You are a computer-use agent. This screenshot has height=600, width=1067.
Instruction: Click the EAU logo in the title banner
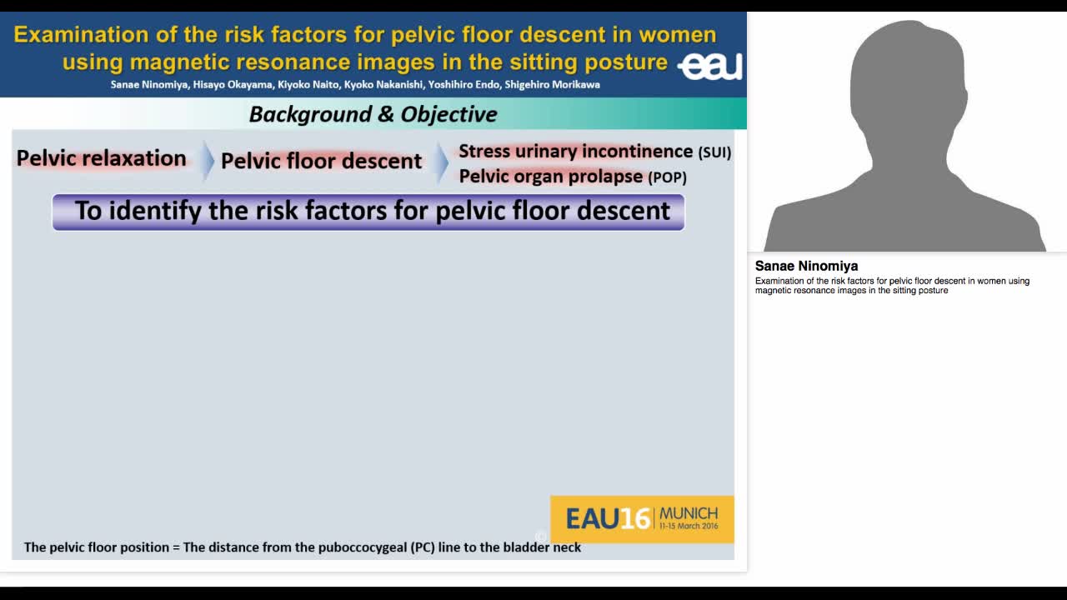click(710, 66)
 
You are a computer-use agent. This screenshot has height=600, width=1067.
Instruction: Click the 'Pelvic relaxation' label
click(102, 158)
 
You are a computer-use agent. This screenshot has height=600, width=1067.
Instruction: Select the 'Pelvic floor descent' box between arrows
click(321, 161)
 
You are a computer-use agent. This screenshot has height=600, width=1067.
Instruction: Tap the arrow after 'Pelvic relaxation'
click(206, 161)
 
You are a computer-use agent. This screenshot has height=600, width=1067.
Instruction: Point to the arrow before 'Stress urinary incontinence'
click(441, 162)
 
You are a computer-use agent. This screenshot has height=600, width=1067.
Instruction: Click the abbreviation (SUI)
click(714, 152)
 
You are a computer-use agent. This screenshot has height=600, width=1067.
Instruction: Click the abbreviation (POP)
click(667, 177)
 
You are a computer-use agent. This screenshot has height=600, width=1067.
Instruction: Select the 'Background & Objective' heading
click(373, 114)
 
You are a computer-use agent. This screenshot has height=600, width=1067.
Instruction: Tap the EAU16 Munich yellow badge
click(642, 519)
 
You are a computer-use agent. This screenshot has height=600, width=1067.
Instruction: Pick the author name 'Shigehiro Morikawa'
click(552, 84)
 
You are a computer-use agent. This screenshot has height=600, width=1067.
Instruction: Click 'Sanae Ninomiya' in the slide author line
click(149, 84)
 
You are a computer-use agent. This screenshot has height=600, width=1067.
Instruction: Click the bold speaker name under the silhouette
click(806, 266)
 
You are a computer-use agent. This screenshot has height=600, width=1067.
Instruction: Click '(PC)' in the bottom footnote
click(423, 547)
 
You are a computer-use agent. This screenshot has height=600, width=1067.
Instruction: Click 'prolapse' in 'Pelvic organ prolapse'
click(602, 177)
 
